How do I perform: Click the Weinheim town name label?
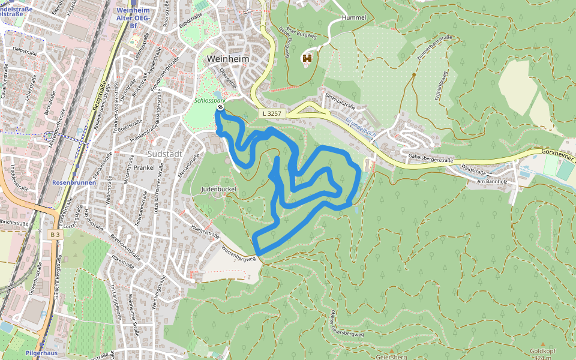(x=227, y=59)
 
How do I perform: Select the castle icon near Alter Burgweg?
(x=307, y=58)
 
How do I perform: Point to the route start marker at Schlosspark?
(x=220, y=107)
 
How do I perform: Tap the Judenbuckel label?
(x=218, y=189)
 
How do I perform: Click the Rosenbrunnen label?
(x=71, y=181)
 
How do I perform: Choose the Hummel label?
(x=353, y=18)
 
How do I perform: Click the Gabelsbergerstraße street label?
(x=430, y=158)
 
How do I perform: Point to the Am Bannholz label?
(x=492, y=181)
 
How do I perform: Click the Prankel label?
(x=144, y=167)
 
